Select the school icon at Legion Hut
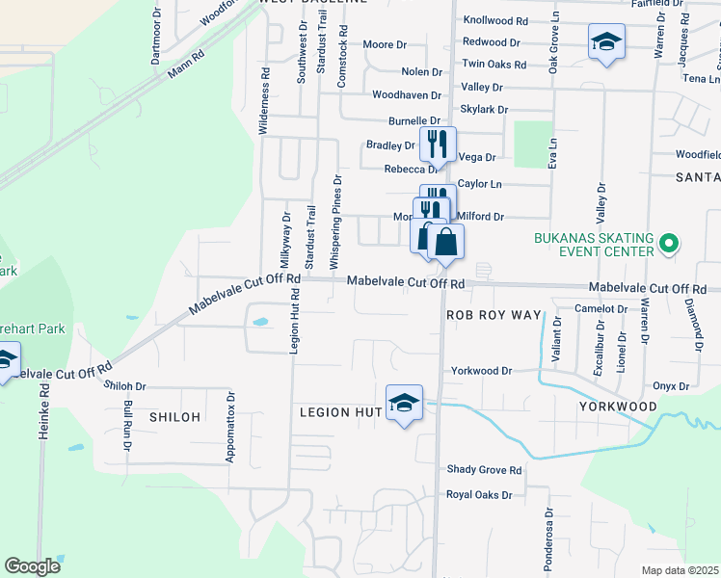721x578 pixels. pos(405,403)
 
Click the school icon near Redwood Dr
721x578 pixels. pos(606,41)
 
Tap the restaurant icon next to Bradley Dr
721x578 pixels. pos(438,144)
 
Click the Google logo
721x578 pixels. pos(32,566)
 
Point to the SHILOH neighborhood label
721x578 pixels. pos(174,417)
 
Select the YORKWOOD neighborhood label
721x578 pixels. pos(617,407)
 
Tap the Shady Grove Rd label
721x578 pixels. pos(484,470)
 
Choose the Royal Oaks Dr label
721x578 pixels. pos(479,495)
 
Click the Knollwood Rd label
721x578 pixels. pos(495,20)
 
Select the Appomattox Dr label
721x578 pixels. pos(230,427)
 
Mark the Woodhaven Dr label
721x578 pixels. pos(406,95)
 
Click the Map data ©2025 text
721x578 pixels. pos(681,570)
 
